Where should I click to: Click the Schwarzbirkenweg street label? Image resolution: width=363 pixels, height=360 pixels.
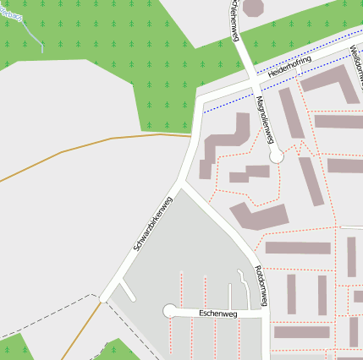pyautogui.click(x=153, y=222)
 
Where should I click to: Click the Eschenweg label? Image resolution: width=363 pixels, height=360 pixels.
pyautogui.click(x=218, y=314)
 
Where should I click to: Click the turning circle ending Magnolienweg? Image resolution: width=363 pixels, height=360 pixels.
pyautogui.click(x=276, y=156)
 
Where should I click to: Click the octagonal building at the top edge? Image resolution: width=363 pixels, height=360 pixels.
pyautogui.click(x=253, y=7)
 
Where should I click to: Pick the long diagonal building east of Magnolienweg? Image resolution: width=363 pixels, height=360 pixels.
pyautogui.click(x=311, y=181)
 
